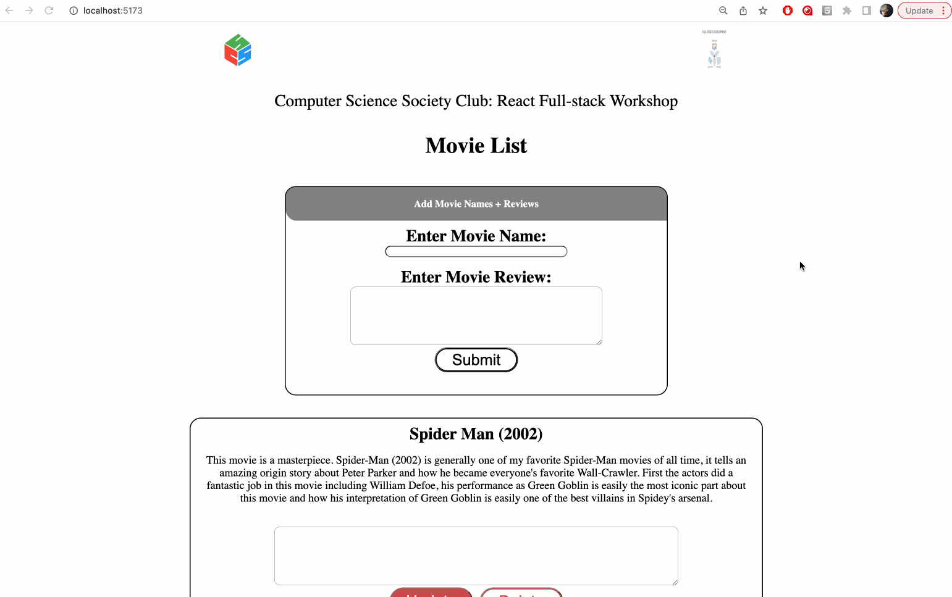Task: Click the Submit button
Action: pyautogui.click(x=476, y=360)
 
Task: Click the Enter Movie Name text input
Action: pyautogui.click(x=476, y=251)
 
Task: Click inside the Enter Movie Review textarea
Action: pyautogui.click(x=476, y=315)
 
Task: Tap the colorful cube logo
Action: pyautogui.click(x=238, y=50)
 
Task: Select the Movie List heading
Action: pyautogui.click(x=476, y=146)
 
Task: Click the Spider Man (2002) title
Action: pyautogui.click(x=476, y=434)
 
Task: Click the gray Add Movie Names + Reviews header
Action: pyautogui.click(x=476, y=204)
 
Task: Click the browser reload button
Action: pyautogui.click(x=49, y=10)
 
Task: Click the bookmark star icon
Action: pyautogui.click(x=763, y=10)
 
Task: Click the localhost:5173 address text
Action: pyautogui.click(x=112, y=10)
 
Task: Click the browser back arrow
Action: pyautogui.click(x=9, y=10)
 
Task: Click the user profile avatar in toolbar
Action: pyautogui.click(x=886, y=10)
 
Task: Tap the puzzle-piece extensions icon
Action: pyautogui.click(x=847, y=10)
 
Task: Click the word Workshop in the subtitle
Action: pyautogui.click(x=644, y=101)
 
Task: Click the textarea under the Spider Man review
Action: pyautogui.click(x=476, y=556)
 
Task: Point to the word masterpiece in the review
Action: pyautogui.click(x=305, y=460)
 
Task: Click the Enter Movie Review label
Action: pyautogui.click(x=476, y=277)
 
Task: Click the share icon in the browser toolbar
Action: pyautogui.click(x=743, y=10)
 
